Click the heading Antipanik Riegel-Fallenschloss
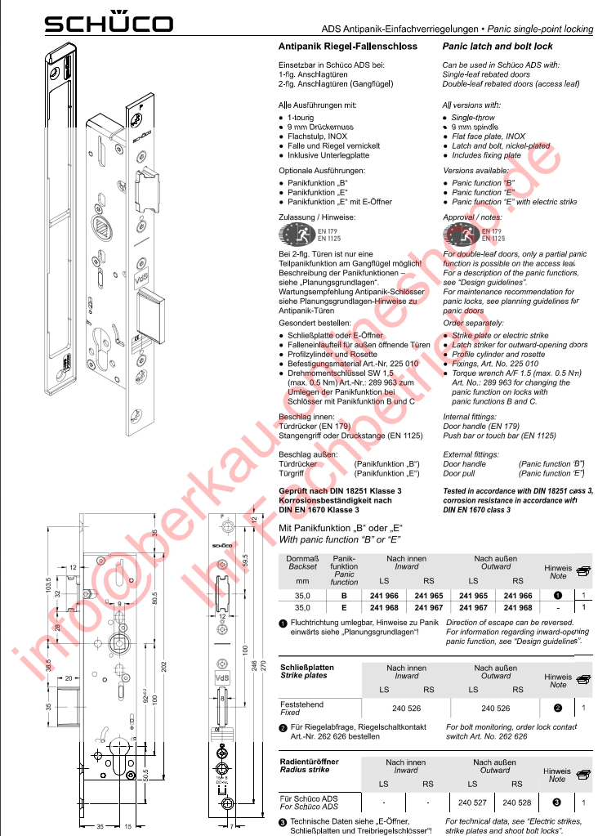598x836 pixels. pyautogui.click(x=348, y=47)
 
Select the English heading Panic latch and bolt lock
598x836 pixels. pyautogui.click(x=498, y=47)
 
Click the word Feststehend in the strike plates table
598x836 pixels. pyautogui.click(x=301, y=704)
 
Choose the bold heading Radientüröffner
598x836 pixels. pyautogui.click(x=309, y=762)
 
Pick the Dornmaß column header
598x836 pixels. pyautogui.click(x=302, y=558)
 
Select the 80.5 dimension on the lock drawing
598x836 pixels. pyautogui.click(x=154, y=594)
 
